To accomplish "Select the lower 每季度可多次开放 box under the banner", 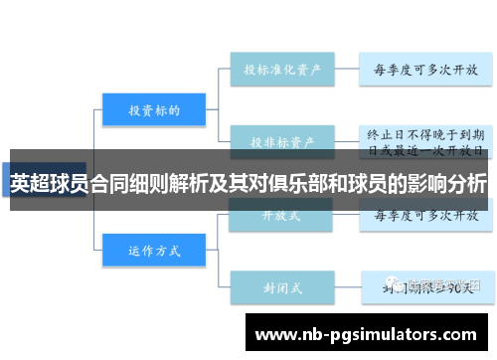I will (x=425, y=215).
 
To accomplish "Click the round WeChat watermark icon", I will (x=397, y=286).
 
